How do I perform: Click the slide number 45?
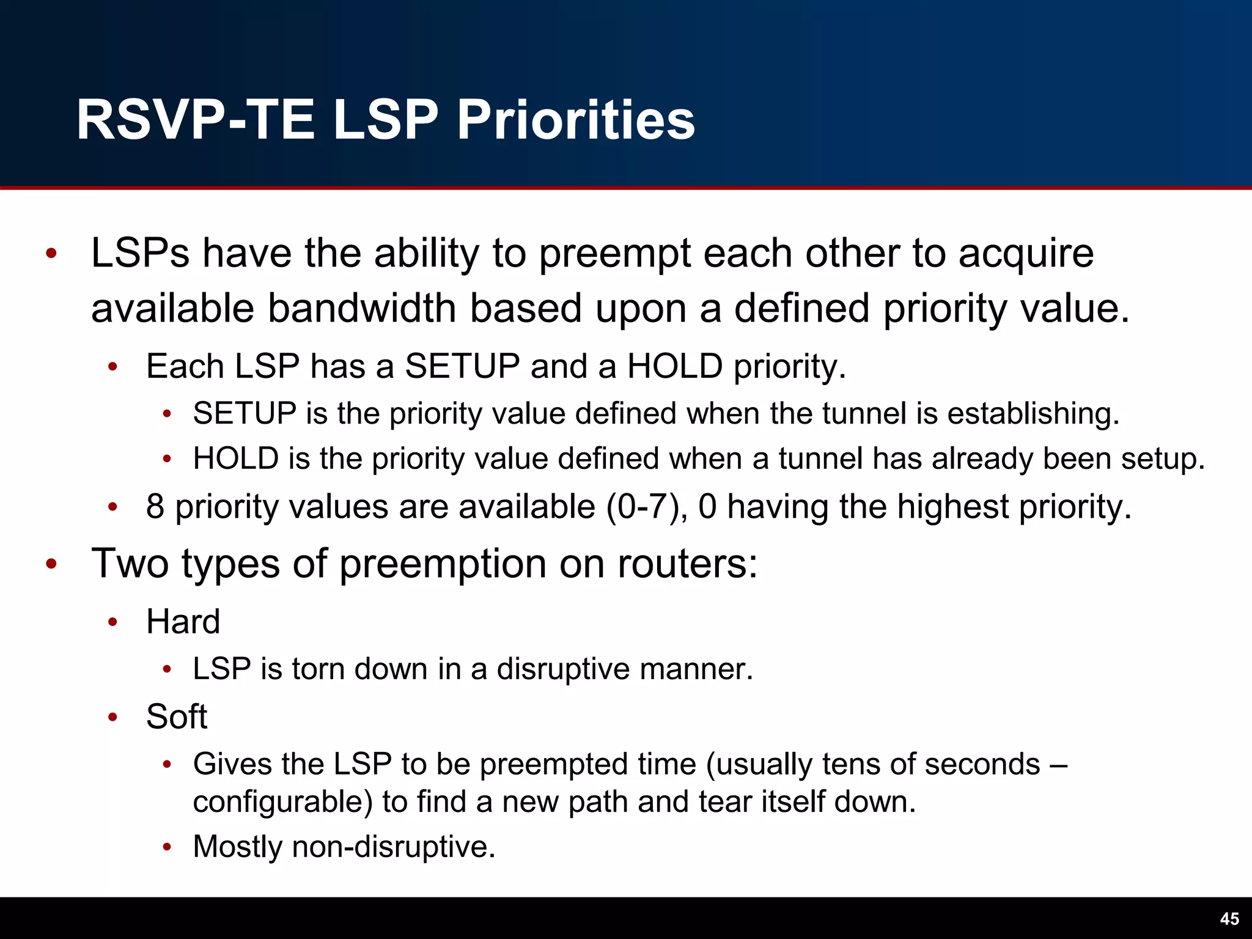coord(1229,919)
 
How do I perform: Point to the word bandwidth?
coord(362,308)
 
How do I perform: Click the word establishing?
coord(1033,413)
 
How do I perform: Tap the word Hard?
coord(183,622)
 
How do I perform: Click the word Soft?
coord(176,716)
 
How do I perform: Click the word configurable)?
coord(282,801)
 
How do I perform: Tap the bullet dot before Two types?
coord(51,564)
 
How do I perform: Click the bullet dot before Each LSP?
coord(112,367)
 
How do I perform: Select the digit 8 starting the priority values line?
coord(155,507)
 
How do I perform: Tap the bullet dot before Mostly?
coord(167,847)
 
